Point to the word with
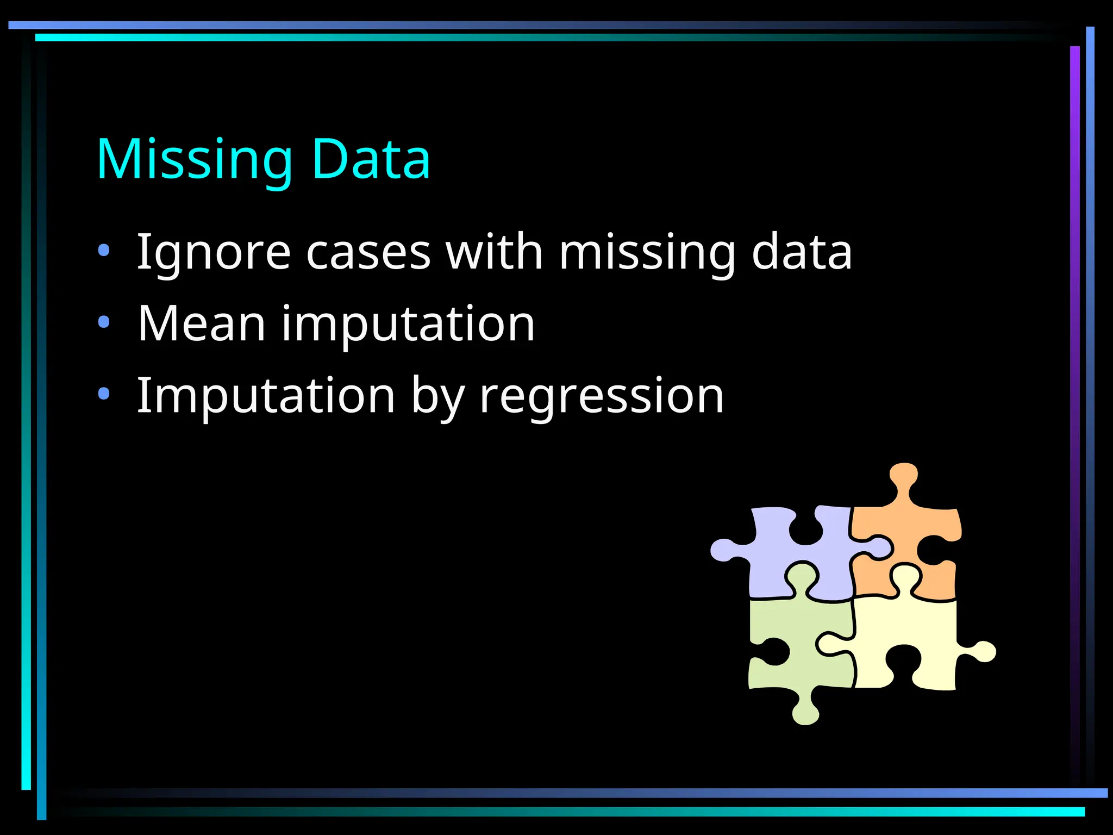point(494,251)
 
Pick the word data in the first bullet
point(802,252)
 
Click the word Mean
point(201,324)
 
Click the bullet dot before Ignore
point(104,251)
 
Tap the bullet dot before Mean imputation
point(104,322)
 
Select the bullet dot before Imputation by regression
point(104,394)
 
